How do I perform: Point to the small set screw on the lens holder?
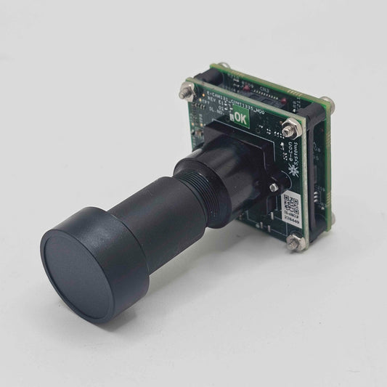[x=273, y=187]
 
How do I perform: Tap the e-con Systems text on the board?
[x=288, y=156]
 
